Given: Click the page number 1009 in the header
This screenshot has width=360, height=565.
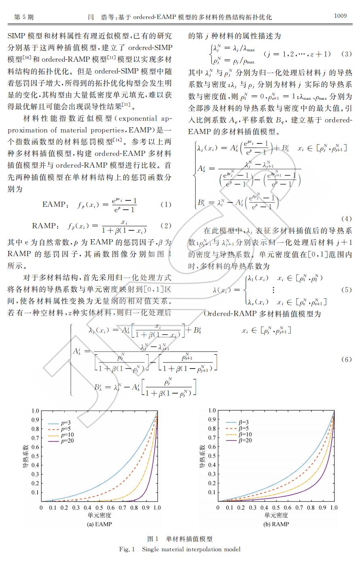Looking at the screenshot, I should click(340, 16).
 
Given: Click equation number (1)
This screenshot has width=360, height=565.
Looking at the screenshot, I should click(166, 204).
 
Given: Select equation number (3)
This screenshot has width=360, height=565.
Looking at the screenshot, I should click(346, 54).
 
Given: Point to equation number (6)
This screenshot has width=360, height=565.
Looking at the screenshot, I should click(346, 359).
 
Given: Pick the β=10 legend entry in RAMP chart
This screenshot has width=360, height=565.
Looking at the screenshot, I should click(245, 434).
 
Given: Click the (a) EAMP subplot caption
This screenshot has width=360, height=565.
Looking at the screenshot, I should click(99, 524).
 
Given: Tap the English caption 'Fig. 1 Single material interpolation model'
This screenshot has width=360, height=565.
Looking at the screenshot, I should click(180, 549).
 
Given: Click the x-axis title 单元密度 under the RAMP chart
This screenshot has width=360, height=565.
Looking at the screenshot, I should click(276, 515).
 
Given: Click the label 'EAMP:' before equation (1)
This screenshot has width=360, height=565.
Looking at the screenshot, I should click(53, 204).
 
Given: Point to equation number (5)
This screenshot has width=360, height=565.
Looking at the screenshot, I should click(346, 290).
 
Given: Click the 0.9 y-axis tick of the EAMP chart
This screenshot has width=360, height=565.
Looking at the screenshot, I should click(36, 420).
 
